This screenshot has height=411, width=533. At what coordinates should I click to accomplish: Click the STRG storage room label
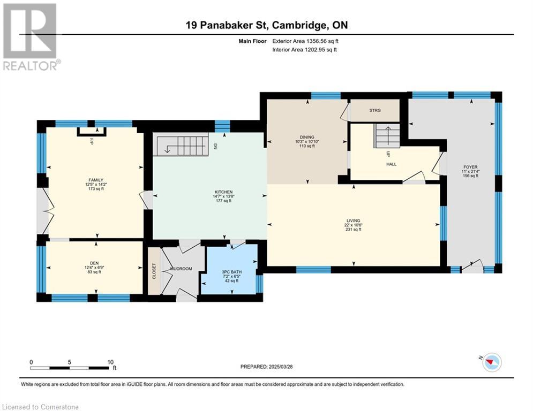point(375,110)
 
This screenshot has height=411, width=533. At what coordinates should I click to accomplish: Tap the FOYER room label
point(470,167)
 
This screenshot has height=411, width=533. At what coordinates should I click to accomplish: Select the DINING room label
point(307,137)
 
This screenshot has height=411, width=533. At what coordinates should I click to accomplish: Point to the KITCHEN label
point(224,192)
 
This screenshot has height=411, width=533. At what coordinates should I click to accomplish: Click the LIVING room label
point(354,220)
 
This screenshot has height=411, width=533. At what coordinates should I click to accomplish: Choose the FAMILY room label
point(96,180)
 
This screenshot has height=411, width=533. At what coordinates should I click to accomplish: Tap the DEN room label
point(94,263)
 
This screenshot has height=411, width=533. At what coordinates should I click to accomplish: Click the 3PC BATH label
point(232,272)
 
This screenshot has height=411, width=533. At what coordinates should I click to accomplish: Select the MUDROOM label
point(181,269)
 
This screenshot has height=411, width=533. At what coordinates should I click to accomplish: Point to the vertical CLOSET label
point(154,271)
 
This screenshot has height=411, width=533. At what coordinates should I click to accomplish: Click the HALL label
point(391,164)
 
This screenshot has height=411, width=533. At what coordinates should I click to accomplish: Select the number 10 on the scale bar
point(110,362)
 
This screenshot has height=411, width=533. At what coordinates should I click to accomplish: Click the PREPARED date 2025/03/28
point(281,367)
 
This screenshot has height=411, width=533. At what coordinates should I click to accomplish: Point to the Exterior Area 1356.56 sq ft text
point(305,41)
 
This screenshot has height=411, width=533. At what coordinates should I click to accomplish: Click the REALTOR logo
point(31,37)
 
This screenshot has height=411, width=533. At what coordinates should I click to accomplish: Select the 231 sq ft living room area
point(354,229)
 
